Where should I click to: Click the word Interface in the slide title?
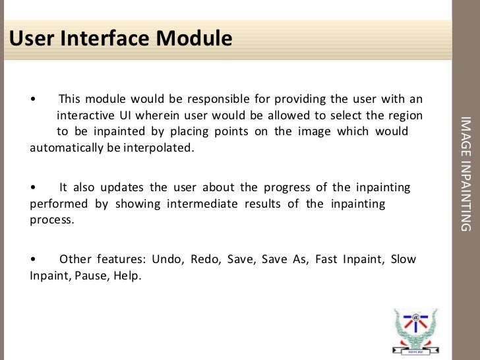[106, 39]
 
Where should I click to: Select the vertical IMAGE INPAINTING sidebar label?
[465, 173]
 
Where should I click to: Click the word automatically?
[65, 147]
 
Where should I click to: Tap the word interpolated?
[160, 147]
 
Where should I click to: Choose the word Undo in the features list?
[167, 259]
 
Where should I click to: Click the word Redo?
[205, 259]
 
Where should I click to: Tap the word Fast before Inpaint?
[326, 259]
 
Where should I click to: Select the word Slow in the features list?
[404, 259]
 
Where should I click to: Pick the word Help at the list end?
[127, 276]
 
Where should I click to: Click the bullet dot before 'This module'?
[33, 100]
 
